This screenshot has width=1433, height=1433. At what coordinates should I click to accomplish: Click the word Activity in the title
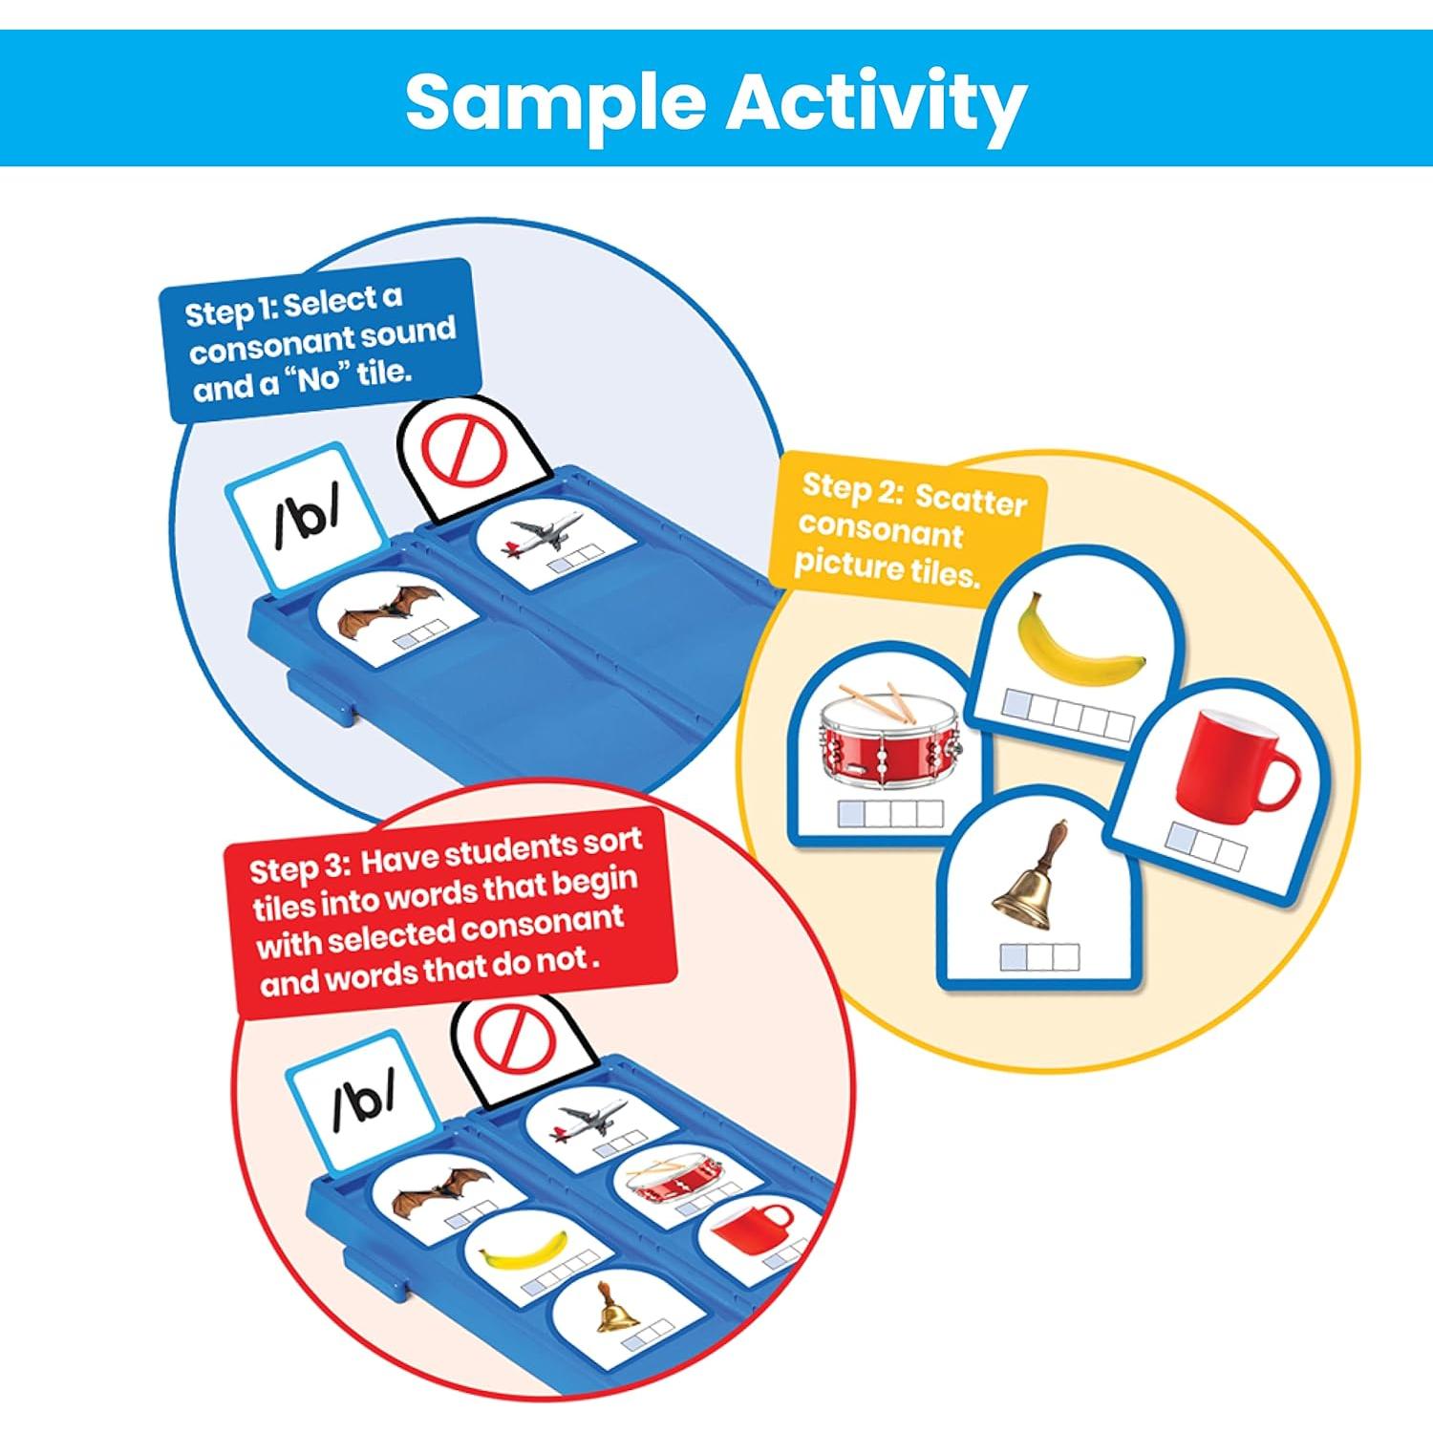876,102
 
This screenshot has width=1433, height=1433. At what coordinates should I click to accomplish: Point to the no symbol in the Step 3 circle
516,1037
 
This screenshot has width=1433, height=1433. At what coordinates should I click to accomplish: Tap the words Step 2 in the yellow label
850,488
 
